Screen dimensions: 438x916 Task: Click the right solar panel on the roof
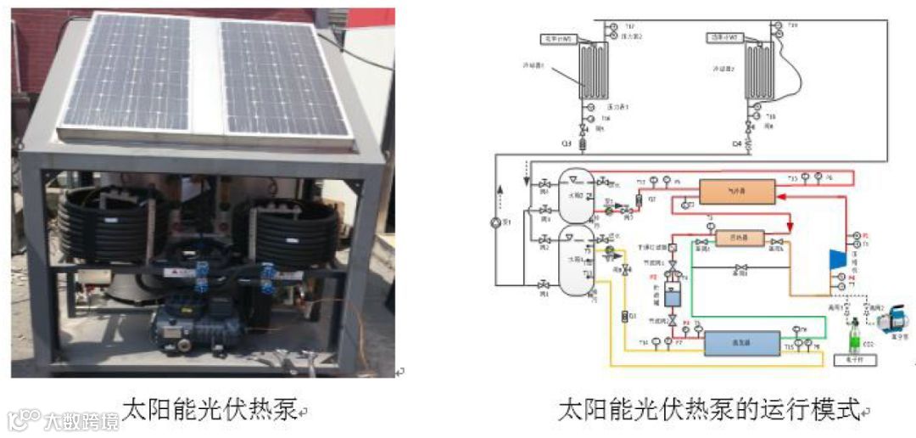click(284, 78)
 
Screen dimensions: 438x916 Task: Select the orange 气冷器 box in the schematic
click(737, 193)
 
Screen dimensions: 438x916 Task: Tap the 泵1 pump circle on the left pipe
click(497, 224)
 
